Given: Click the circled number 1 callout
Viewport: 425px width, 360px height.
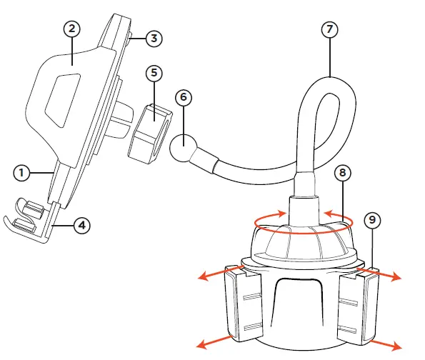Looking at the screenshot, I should (x=22, y=172).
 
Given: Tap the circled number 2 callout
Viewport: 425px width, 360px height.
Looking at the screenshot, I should (x=71, y=29).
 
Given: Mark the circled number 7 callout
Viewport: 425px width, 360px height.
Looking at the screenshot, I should (x=329, y=29).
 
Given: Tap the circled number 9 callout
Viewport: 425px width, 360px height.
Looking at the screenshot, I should (x=372, y=221).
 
